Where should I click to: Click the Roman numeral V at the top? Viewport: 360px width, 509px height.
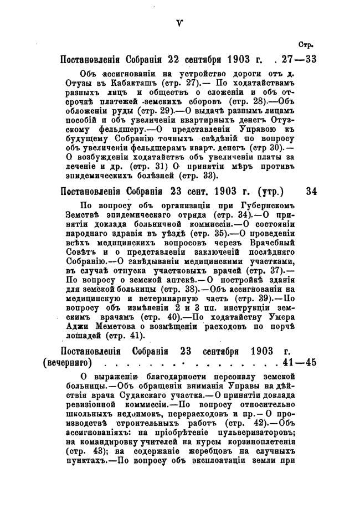tap(179, 22)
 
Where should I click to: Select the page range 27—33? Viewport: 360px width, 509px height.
tap(298, 59)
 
